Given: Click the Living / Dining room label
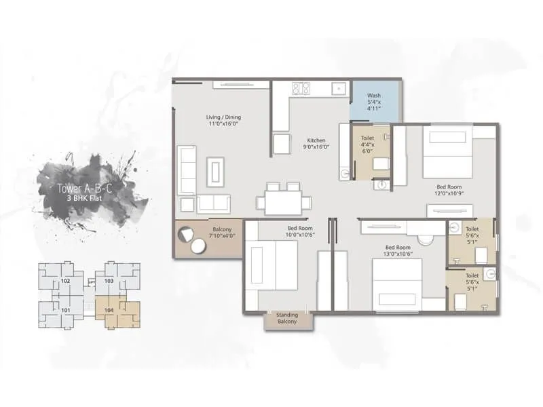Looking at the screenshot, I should [223, 121].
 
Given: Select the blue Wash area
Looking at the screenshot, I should [374, 101].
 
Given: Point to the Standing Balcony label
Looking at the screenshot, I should [286, 318].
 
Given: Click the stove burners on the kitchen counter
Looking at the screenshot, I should [301, 88].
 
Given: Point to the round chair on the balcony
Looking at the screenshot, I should [185, 234].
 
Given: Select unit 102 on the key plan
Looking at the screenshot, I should [66, 279].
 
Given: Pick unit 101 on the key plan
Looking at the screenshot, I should [66, 310].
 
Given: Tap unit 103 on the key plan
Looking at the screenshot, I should [109, 279].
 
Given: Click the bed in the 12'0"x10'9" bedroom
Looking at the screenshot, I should [448, 153].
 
